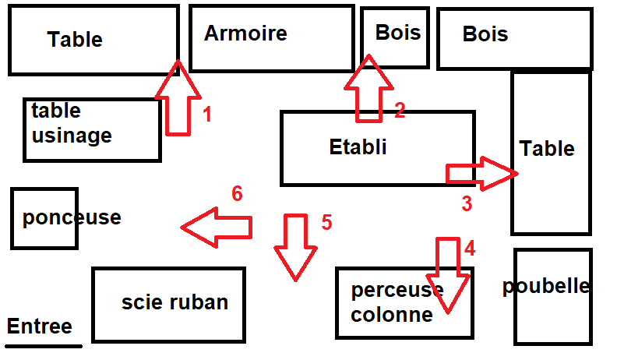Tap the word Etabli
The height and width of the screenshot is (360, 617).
click(358, 146)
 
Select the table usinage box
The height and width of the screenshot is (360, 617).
click(92, 130)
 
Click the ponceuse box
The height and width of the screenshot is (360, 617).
click(44, 218)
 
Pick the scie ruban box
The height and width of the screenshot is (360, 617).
click(168, 305)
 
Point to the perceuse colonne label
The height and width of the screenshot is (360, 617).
click(397, 302)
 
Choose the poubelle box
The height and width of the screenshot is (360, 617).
click(552, 296)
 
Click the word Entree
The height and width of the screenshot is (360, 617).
click(39, 326)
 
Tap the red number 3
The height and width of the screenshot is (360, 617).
click(467, 204)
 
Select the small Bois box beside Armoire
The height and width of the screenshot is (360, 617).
click(396, 37)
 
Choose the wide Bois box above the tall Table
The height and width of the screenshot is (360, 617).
click(513, 39)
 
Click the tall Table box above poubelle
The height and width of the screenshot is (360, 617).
click(550, 152)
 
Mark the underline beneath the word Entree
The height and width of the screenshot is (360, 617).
click(44, 346)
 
